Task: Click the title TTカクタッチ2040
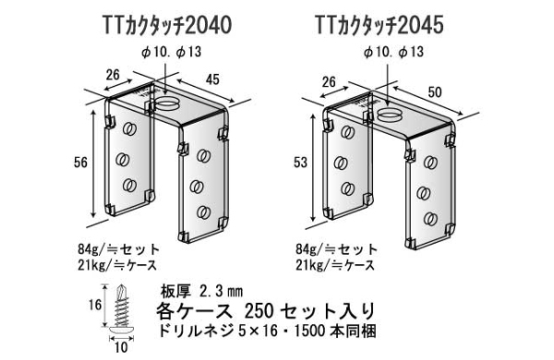point(167,26)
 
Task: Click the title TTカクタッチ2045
point(379,26)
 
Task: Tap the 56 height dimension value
point(80,162)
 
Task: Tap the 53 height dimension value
point(300,162)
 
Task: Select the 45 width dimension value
point(212,79)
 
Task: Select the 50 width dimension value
point(435,92)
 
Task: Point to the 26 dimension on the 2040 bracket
point(113,75)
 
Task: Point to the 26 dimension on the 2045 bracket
point(329,82)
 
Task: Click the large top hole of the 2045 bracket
point(390,114)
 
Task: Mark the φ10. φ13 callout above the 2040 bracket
point(171,52)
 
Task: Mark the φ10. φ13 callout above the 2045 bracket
point(393,52)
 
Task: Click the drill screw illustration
point(122,310)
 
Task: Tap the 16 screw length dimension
point(95,305)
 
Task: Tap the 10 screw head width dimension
point(121,347)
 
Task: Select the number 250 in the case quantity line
point(259,311)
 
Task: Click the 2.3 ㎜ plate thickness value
point(221,292)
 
